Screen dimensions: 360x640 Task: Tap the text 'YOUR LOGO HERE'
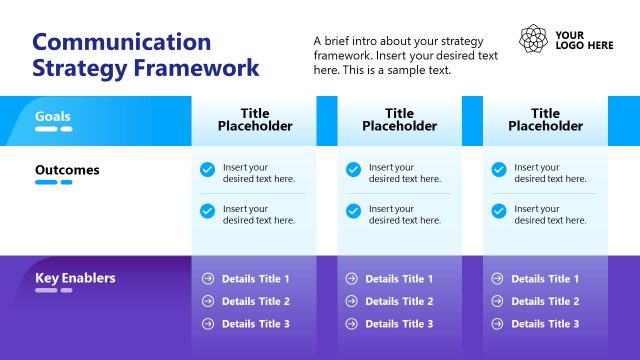[584, 39]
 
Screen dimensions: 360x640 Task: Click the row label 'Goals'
[53, 116]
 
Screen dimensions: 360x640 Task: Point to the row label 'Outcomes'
[67, 170]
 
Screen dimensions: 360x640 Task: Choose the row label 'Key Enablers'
[75, 278]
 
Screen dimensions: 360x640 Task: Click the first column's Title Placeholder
[255, 120]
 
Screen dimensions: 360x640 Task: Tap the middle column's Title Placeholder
[399, 120]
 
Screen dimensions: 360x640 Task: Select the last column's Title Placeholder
[545, 120]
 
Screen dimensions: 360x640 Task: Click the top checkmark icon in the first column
[207, 170]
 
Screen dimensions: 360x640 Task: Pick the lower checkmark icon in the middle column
[353, 211]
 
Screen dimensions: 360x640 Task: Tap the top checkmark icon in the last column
[499, 170]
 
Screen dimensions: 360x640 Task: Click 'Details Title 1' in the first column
[256, 279]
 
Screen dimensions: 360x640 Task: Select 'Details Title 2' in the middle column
[399, 301]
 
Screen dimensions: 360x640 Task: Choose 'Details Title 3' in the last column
[545, 324]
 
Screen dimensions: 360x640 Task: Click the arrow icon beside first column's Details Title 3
[208, 324]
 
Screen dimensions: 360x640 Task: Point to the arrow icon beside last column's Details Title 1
[498, 279]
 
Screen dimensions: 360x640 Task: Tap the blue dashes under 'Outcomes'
[54, 183]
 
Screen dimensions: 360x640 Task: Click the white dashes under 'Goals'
[54, 129]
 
